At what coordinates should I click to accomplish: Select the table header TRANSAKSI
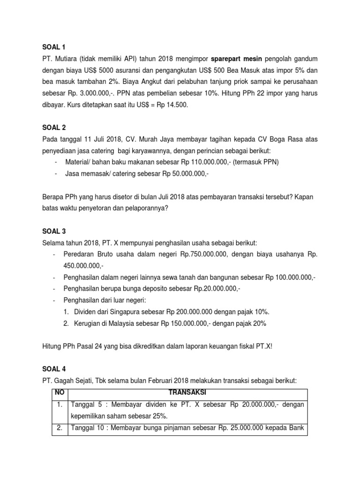tap(187, 392)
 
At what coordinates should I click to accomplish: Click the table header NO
tap(59, 392)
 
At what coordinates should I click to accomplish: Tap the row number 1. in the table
tap(59, 405)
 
